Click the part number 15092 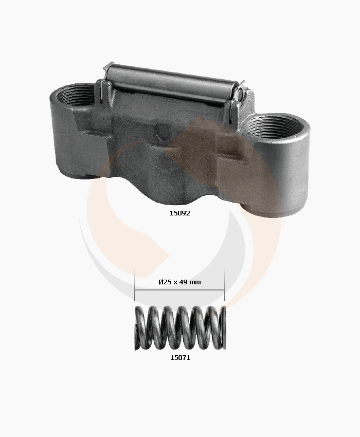(180, 213)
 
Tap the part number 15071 (180, 358)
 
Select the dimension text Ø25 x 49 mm (180, 282)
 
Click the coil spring (180, 328)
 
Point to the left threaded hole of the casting (75, 95)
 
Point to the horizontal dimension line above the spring (180, 290)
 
